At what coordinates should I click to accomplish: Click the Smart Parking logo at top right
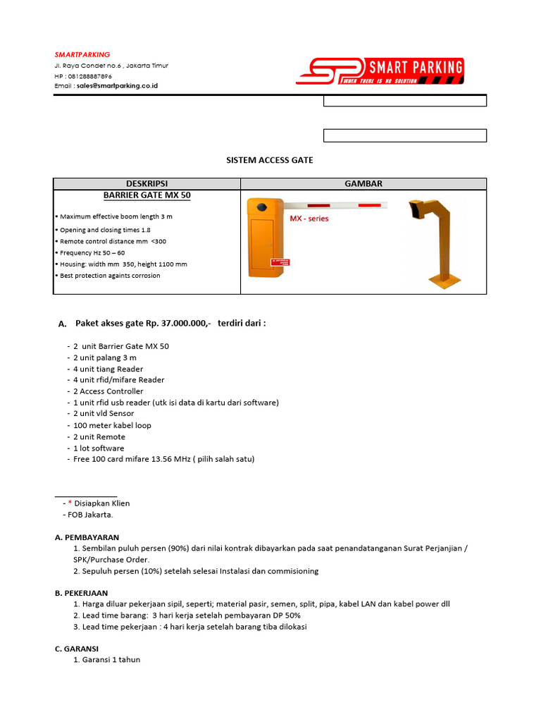(x=380, y=71)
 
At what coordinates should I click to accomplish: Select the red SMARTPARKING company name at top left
(x=82, y=54)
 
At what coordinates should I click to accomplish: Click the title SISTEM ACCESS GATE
(x=270, y=160)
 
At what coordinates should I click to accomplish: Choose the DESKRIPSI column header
(x=147, y=183)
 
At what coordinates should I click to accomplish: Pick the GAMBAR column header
(x=363, y=183)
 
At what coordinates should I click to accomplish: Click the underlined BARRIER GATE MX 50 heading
(x=147, y=195)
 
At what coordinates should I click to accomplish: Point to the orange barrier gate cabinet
(x=265, y=240)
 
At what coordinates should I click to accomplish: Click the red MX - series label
(x=309, y=219)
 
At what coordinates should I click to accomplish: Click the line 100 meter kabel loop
(x=112, y=425)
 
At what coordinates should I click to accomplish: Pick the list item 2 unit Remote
(x=99, y=436)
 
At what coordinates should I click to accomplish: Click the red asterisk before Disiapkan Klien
(x=70, y=503)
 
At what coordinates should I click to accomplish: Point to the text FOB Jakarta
(x=90, y=515)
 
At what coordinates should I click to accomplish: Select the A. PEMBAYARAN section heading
(x=87, y=537)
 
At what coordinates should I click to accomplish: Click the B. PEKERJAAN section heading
(x=81, y=593)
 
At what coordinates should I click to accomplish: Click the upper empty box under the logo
(x=404, y=101)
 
